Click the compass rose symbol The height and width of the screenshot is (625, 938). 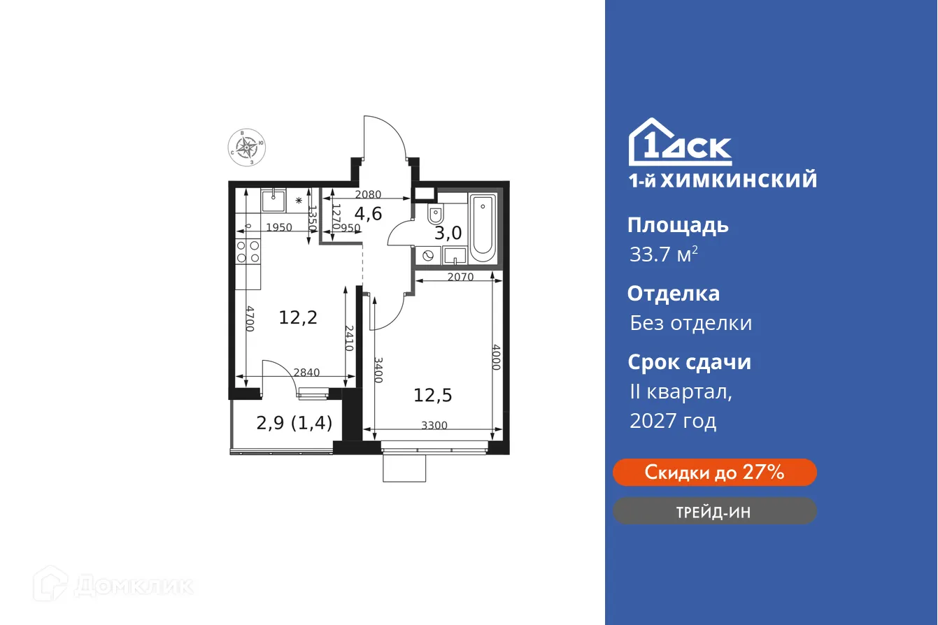(246, 146)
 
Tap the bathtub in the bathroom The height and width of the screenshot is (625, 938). (483, 226)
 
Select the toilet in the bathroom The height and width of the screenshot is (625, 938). (434, 213)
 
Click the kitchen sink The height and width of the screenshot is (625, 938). (272, 201)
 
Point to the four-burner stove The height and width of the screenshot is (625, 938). (247, 251)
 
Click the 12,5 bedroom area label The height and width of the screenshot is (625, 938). (432, 396)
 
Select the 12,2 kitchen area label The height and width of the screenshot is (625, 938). (298, 318)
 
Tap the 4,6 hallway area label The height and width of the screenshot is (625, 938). (367, 213)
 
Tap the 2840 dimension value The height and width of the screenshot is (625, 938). (306, 373)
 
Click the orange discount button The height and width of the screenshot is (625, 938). (714, 473)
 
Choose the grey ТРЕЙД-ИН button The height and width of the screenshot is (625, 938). (714, 512)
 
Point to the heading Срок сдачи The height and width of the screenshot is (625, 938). (689, 362)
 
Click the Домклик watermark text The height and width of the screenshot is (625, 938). (133, 585)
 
